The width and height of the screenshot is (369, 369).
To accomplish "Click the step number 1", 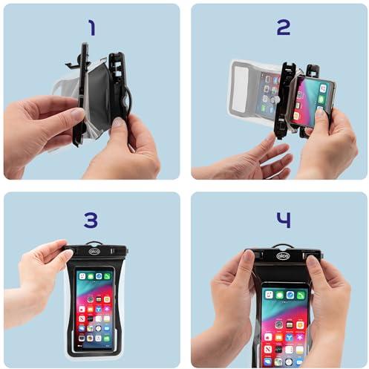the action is [x=92, y=27].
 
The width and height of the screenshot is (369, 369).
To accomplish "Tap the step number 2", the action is [x=283, y=27].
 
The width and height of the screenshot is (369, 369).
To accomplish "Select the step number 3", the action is [x=91, y=220].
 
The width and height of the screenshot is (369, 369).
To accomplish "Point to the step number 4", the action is [x=284, y=220].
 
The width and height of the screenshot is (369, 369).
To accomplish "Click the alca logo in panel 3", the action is [x=94, y=252].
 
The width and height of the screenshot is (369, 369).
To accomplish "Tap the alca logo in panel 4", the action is [x=283, y=255].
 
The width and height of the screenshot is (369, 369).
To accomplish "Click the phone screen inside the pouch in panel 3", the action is [x=95, y=308].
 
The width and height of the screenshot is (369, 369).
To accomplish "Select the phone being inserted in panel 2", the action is [x=313, y=101].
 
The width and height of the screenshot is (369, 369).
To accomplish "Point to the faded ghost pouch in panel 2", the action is [x=254, y=91].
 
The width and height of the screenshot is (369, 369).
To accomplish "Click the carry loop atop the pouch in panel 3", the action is [x=94, y=243].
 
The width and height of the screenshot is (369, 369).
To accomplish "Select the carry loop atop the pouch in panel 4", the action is [x=283, y=246].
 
